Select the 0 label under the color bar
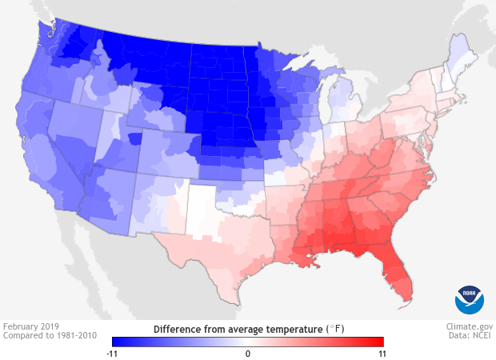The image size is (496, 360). [248, 353]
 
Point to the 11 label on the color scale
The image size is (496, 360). [382, 353]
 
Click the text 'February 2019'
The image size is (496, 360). [29, 327]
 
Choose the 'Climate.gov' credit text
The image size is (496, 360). [470, 327]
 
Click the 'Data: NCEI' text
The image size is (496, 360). [471, 337]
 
